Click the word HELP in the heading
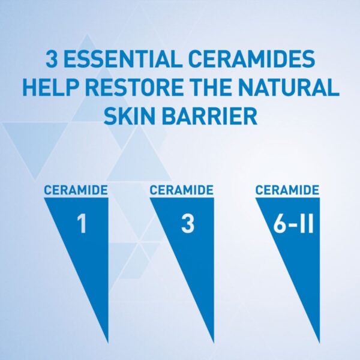point(50,88)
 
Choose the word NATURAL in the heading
point(296,88)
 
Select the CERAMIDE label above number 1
point(76,190)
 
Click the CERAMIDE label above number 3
point(181,190)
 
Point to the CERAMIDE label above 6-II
point(287,190)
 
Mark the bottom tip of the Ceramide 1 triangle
point(107,340)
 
